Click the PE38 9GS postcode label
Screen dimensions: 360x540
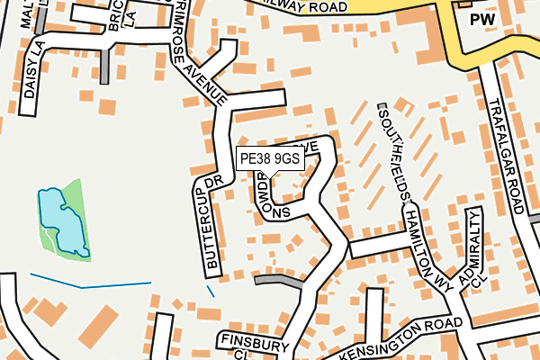[x=270, y=158]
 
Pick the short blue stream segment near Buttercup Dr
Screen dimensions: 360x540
[x=211, y=291]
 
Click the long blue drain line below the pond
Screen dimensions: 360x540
[x=90, y=283]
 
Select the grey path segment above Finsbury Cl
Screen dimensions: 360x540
[x=279, y=281]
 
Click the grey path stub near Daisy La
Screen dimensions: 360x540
[x=106, y=65]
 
